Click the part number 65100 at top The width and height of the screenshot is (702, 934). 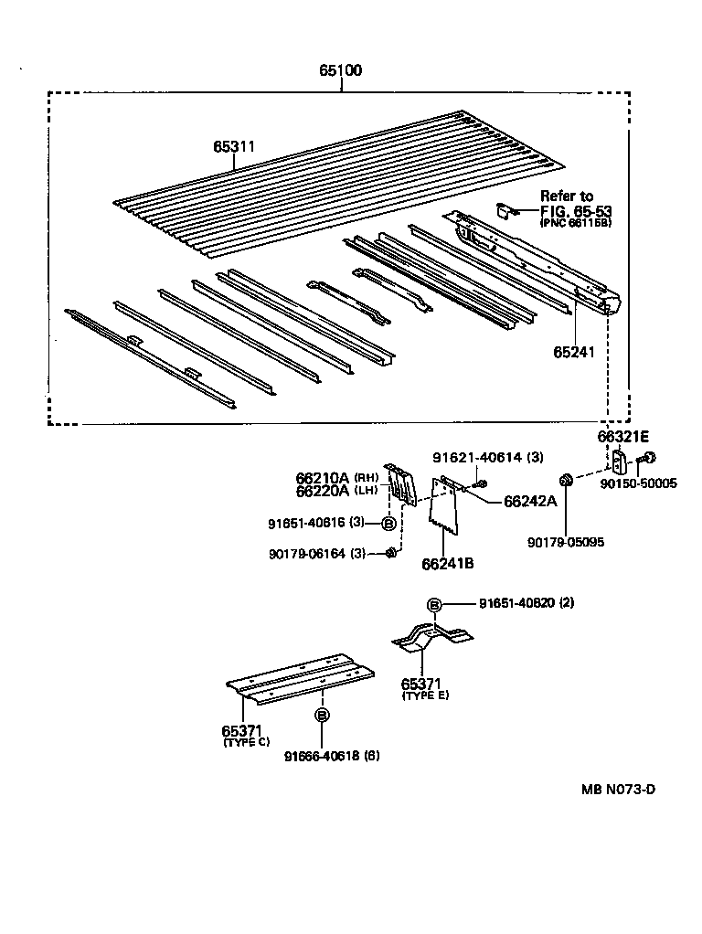pos(340,71)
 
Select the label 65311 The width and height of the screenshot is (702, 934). pos(234,146)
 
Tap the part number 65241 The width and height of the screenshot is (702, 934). pos(573,352)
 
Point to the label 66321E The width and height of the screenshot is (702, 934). pos(623,437)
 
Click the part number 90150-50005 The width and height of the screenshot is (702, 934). pos(640,483)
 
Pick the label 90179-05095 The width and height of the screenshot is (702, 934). pos(566,542)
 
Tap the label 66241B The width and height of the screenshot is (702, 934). pos(447,563)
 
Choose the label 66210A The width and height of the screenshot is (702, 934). pos(323,477)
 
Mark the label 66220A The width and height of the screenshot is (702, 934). pos(323,491)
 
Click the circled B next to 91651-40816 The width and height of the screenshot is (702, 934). pos(388,524)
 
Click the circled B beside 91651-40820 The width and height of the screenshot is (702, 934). pos(435,604)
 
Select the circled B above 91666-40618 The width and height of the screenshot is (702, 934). pos(322,716)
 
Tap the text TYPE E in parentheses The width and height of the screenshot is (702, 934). pos(425,695)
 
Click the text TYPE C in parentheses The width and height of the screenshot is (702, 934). pos(246,742)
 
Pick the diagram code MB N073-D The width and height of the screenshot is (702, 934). pos(618,790)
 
